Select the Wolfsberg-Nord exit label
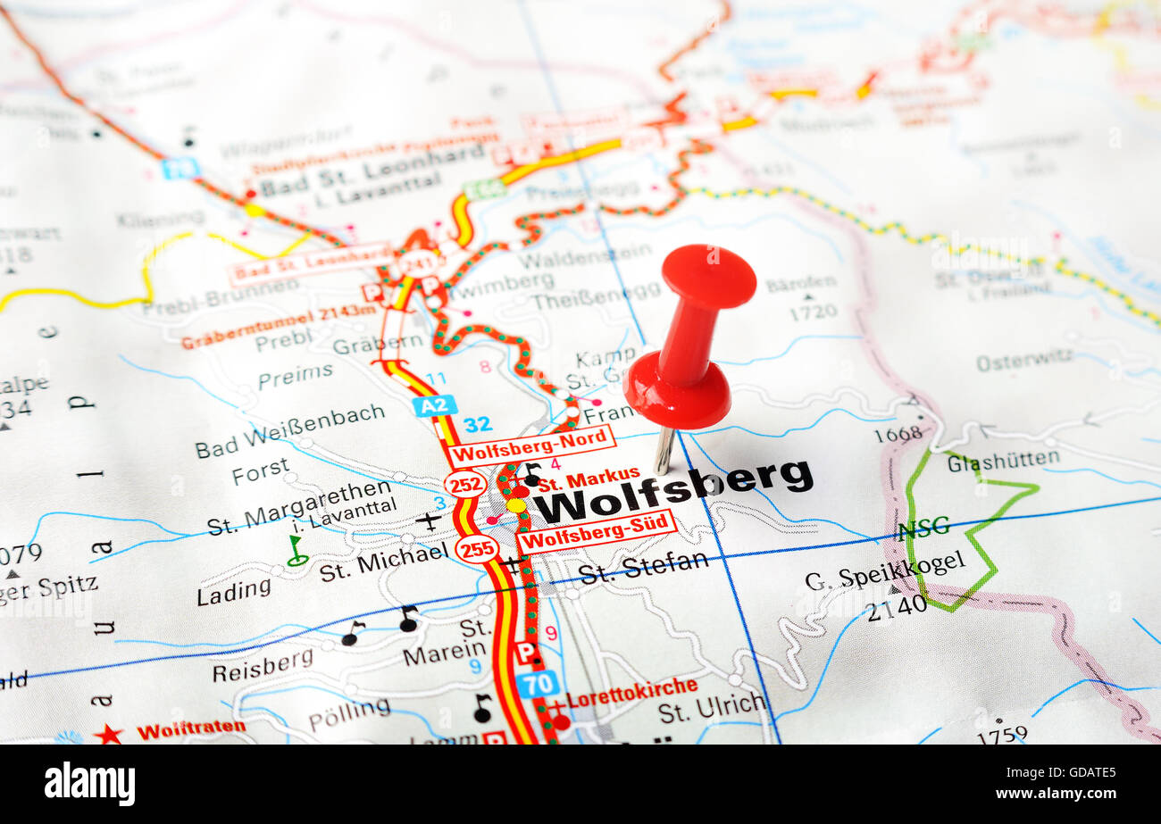click(531, 445)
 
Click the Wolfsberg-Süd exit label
click(596, 531)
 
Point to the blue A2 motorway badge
click(435, 406)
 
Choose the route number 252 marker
click(465, 484)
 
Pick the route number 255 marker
click(476, 548)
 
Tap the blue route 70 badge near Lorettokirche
click(537, 684)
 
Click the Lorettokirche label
click(632, 690)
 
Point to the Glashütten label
click(1003, 462)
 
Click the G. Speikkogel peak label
click(884, 570)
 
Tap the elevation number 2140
click(896, 604)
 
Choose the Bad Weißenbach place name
click(289, 429)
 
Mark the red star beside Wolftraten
click(108, 734)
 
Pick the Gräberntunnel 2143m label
click(279, 326)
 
